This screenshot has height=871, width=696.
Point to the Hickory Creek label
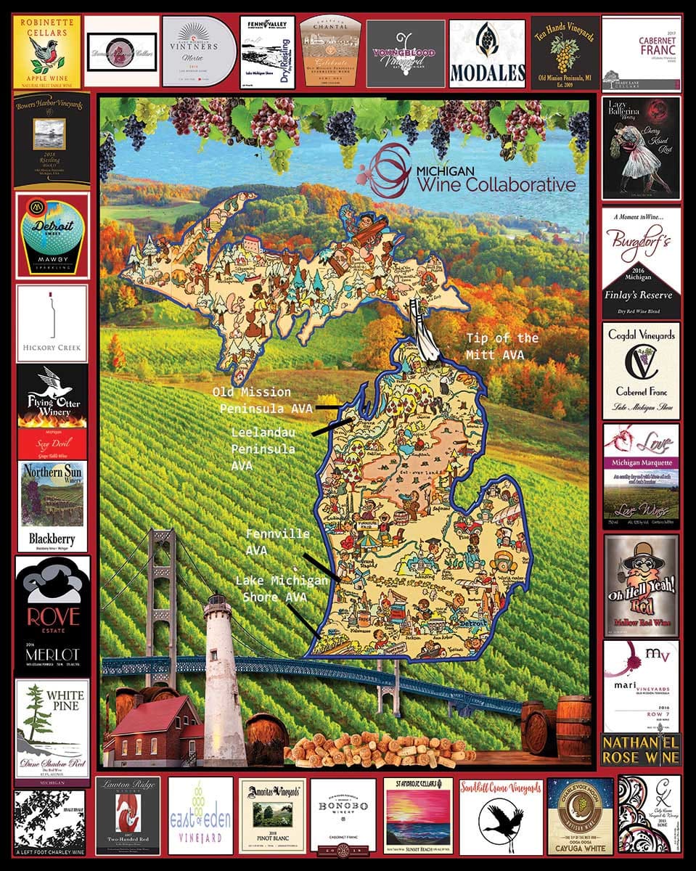point(52,323)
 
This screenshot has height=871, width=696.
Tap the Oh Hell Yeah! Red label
point(641,585)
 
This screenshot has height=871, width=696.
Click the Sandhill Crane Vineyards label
point(501,815)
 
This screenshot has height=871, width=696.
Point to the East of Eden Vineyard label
point(200,815)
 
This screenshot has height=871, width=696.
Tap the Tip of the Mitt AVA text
point(502,346)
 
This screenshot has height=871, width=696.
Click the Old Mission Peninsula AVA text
point(262,401)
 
